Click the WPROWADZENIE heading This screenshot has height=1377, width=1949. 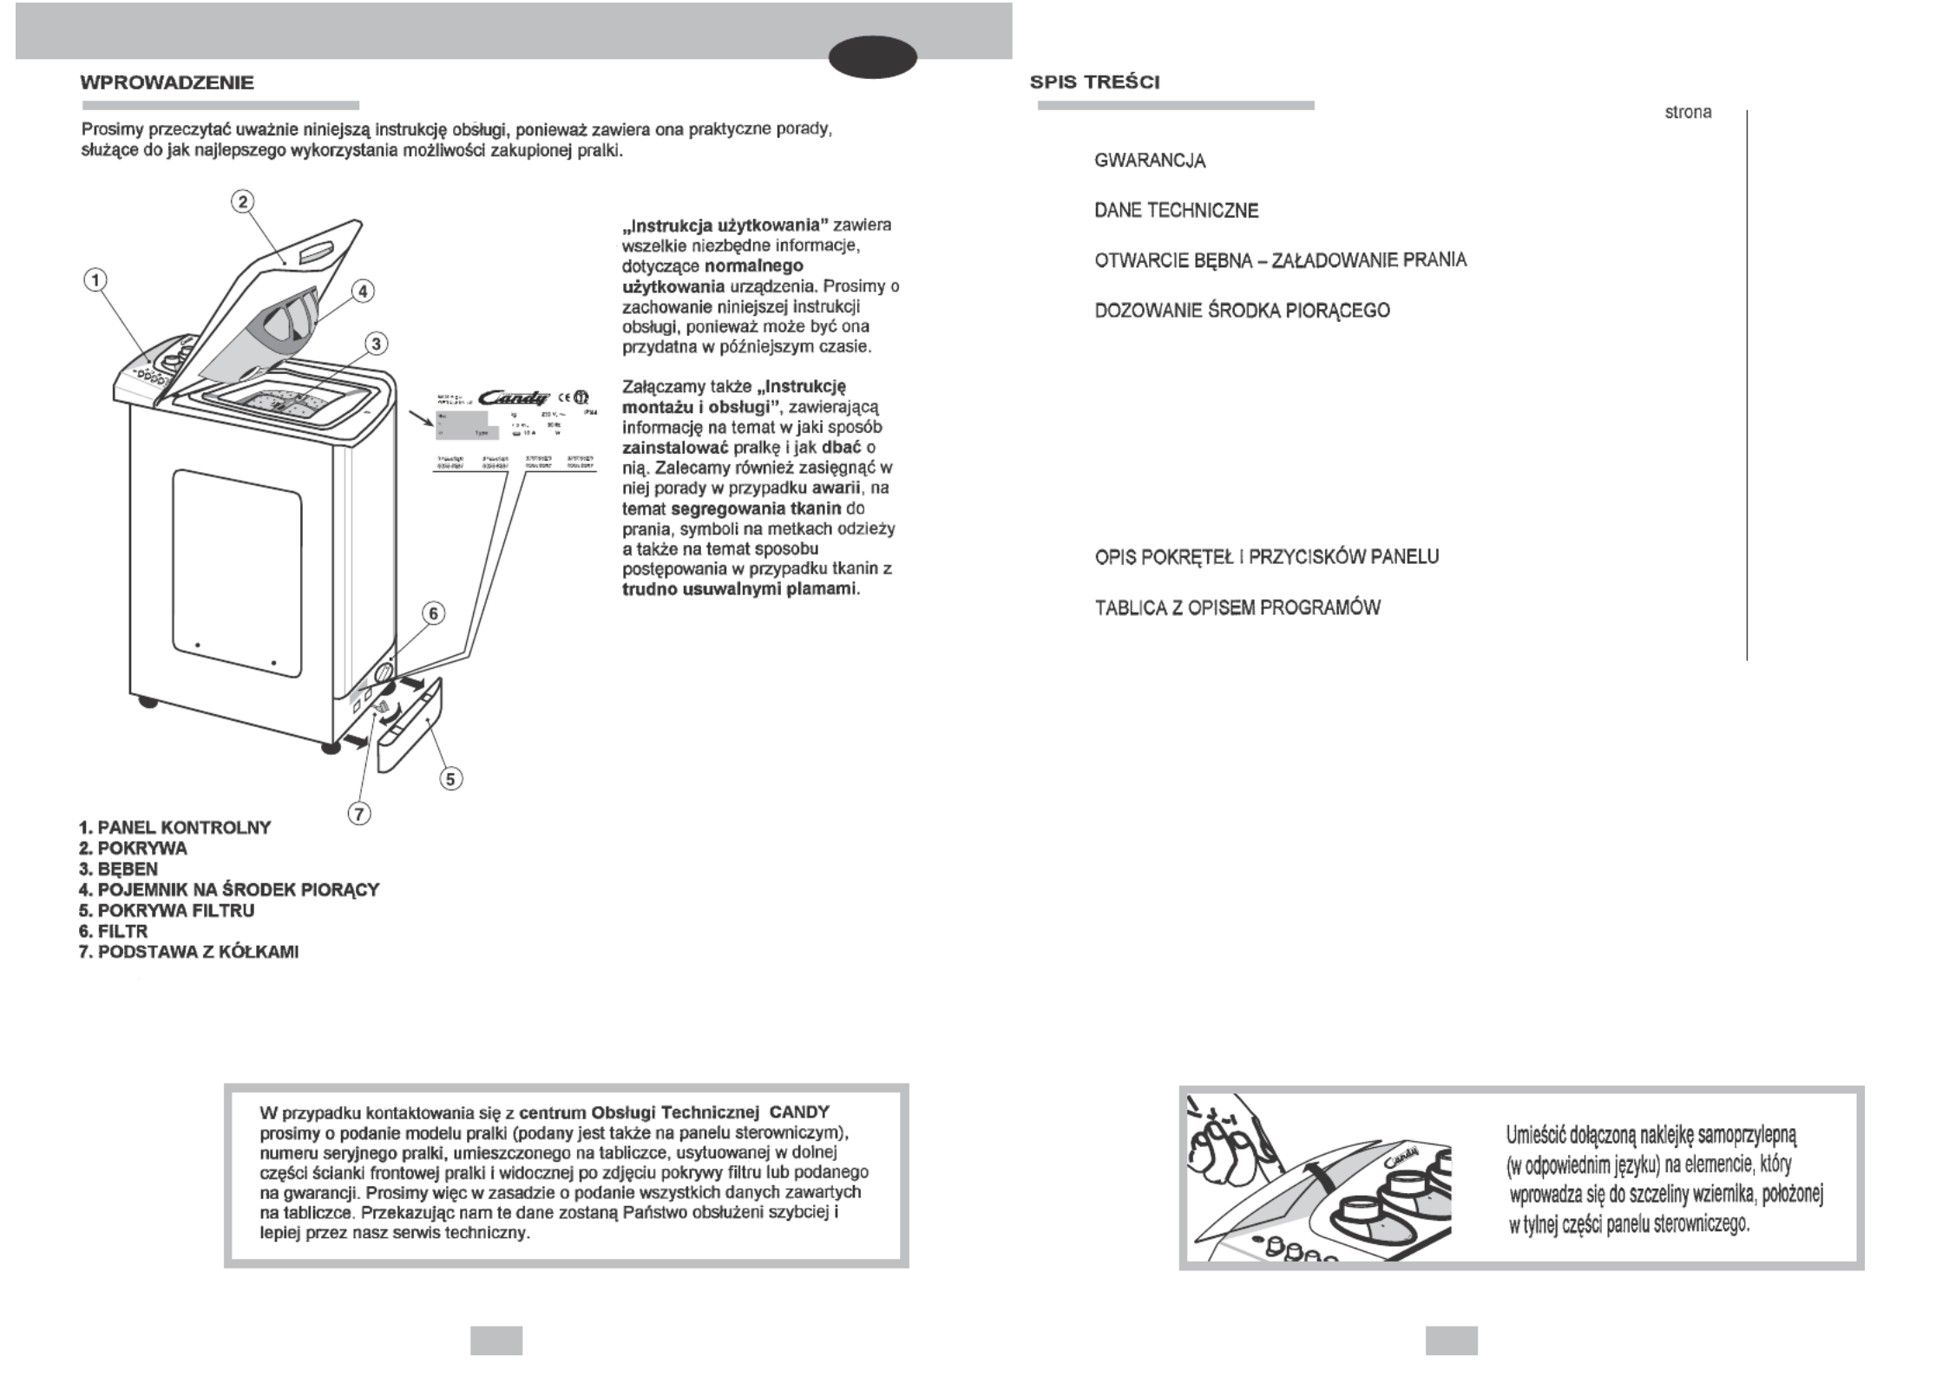pos(167,83)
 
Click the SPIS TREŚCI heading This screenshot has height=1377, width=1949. pos(1094,82)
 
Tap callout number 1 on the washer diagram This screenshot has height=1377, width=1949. pos(95,280)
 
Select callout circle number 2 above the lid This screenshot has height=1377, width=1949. pos(242,202)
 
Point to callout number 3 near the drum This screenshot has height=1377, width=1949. pos(376,344)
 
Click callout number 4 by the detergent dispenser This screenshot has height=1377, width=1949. pos(363,292)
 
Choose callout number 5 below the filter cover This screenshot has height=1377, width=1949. pos(450,778)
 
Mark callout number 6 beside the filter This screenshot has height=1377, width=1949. pos(434,613)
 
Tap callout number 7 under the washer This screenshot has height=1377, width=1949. pos(359,813)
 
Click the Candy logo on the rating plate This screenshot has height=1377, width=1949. pos(520,397)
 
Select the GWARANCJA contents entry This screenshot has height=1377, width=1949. pos(1150,161)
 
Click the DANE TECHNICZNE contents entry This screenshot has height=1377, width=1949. pos(1176,211)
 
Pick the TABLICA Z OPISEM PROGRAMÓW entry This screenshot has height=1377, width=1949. pos(1237,607)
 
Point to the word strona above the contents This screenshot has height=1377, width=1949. pos(1688,113)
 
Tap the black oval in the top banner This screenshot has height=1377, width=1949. pos(872,57)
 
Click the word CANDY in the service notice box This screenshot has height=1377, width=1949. pos(799,1112)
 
